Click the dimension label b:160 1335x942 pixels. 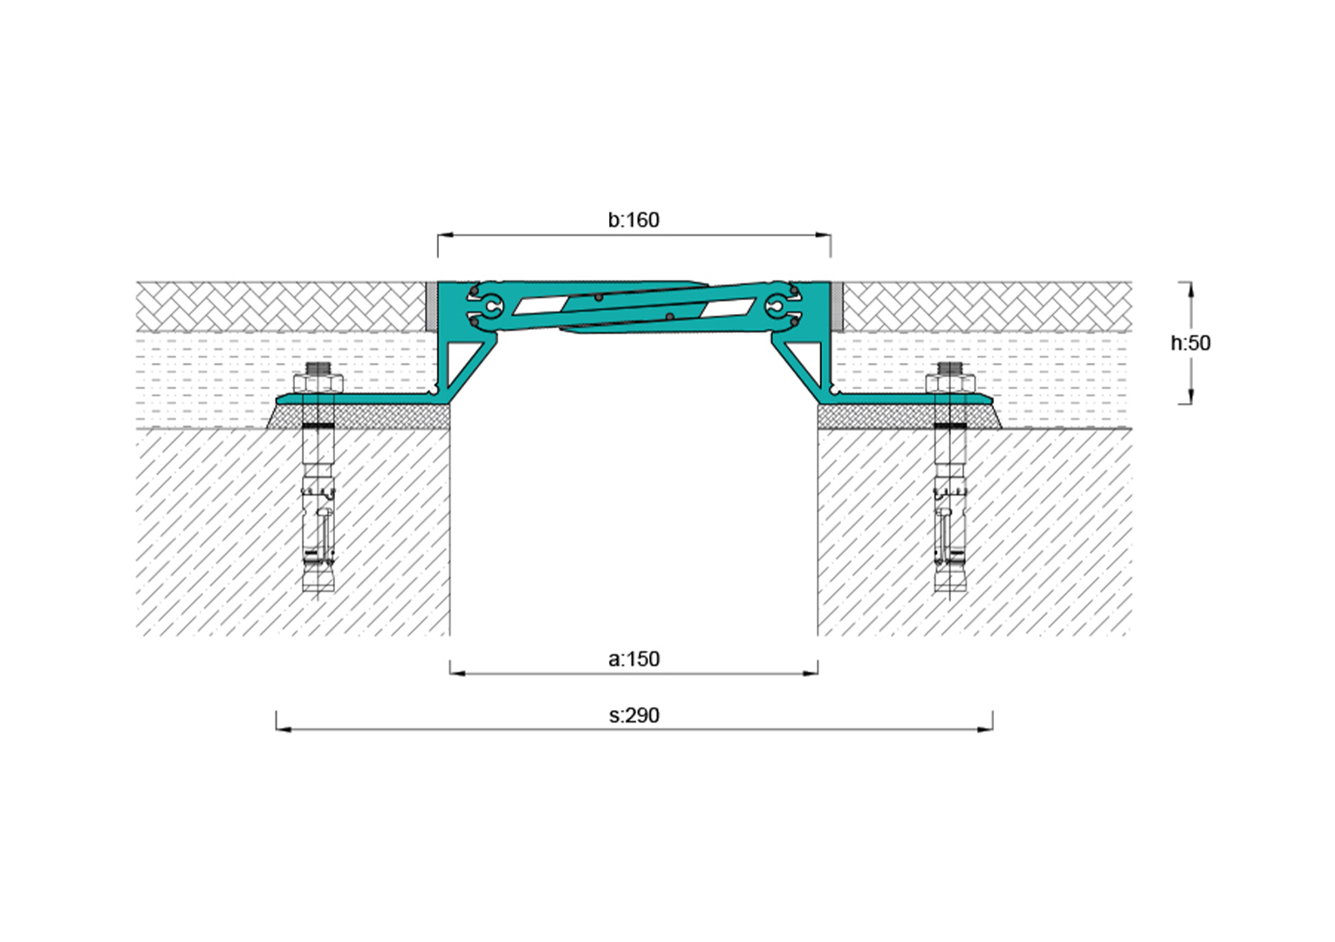click(x=633, y=220)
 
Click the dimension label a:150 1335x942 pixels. click(x=633, y=659)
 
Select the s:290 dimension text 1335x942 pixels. click(x=634, y=715)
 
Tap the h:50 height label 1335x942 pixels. click(x=1190, y=343)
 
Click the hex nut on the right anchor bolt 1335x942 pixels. click(x=950, y=383)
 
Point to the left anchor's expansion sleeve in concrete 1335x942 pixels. click(x=318, y=524)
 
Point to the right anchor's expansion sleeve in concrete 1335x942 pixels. click(x=950, y=524)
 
